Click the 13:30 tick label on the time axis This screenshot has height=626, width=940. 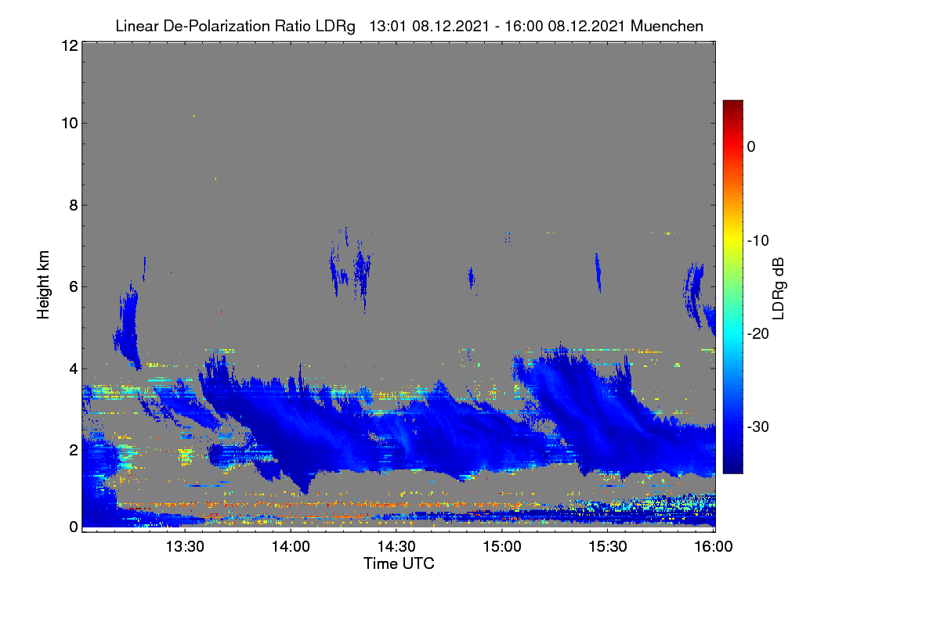(185, 547)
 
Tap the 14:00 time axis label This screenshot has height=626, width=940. (291, 547)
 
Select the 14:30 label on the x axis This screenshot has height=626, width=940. (396, 547)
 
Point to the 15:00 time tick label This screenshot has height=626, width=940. (502, 547)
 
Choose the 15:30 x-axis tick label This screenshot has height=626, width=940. (608, 547)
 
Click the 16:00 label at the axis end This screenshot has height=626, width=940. (714, 547)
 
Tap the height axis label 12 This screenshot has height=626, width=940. (70, 45)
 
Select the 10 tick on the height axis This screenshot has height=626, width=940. (70, 124)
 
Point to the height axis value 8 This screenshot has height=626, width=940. (74, 205)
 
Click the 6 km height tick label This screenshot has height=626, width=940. (74, 287)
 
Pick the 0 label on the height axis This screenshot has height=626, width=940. (74, 527)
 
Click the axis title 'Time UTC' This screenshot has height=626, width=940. (399, 563)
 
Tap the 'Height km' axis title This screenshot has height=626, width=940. (43, 285)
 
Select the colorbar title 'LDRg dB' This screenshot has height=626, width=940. (778, 289)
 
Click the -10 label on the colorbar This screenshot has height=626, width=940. (758, 241)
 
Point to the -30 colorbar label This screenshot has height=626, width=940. (758, 426)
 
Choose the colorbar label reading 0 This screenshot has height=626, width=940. (751, 147)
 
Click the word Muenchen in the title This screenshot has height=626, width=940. (667, 26)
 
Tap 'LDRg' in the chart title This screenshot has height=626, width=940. (335, 27)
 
